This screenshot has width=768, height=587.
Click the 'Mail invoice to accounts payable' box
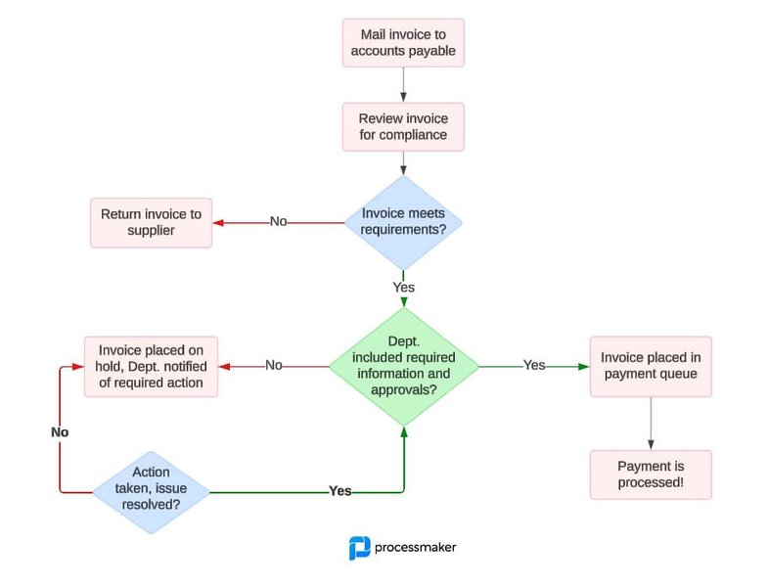pyautogui.click(x=403, y=43)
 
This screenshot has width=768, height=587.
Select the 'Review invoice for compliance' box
pyautogui.click(x=403, y=127)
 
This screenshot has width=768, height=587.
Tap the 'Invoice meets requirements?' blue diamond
pyautogui.click(x=403, y=222)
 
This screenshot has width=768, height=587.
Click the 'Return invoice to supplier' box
pyautogui.click(x=151, y=222)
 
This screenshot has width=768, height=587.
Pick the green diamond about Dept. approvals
pyautogui.click(x=403, y=366)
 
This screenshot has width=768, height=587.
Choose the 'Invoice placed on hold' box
pyautogui.click(x=151, y=366)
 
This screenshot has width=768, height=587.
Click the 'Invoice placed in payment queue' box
pyautogui.click(x=650, y=366)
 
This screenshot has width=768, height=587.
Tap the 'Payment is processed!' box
pyautogui.click(x=650, y=474)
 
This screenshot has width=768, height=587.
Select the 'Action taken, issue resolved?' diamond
pyautogui.click(x=151, y=490)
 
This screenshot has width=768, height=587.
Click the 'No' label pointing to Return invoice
pyautogui.click(x=279, y=222)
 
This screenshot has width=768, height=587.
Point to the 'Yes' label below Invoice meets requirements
pyautogui.click(x=403, y=288)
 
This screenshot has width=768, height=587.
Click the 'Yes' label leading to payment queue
pyautogui.click(x=534, y=365)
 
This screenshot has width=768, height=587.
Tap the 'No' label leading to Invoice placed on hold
pyautogui.click(x=274, y=365)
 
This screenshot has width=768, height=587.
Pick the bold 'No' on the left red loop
pyautogui.click(x=61, y=431)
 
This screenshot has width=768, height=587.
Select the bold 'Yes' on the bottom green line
pyautogui.click(x=340, y=490)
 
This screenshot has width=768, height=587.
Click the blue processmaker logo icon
pyautogui.click(x=359, y=548)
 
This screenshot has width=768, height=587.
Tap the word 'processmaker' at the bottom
pyautogui.click(x=416, y=548)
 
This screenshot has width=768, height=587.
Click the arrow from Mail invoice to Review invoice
pyautogui.click(x=403, y=84)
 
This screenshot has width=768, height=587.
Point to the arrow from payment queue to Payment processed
pyautogui.click(x=650, y=423)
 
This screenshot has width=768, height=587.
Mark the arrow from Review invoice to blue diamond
pyautogui.click(x=403, y=164)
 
